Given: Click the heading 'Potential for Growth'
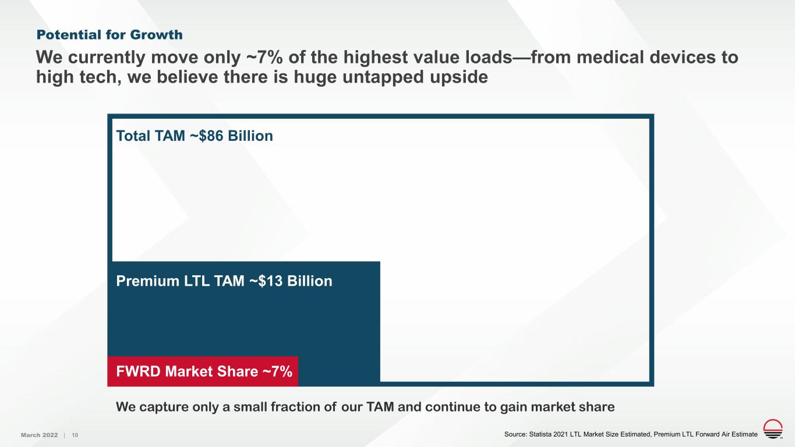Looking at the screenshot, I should pyautogui.click(x=109, y=35).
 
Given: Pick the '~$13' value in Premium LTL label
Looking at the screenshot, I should pyautogui.click(x=262, y=282).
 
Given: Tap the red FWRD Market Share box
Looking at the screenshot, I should pyautogui.click(x=203, y=371).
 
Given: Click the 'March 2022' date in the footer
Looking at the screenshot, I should pyautogui.click(x=39, y=435).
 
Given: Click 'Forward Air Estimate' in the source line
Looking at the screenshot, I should pyautogui.click(x=723, y=435).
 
